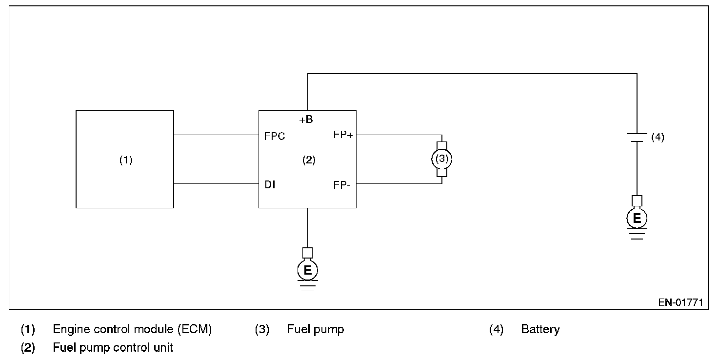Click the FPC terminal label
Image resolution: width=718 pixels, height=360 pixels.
(275, 136)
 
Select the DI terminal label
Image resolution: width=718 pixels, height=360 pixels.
(270, 185)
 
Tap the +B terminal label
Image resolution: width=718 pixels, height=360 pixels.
(306, 119)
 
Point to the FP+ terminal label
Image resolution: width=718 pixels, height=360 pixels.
(343, 135)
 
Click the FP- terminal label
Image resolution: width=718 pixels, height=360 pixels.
(342, 185)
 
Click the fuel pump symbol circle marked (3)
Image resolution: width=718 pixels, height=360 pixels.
(441, 159)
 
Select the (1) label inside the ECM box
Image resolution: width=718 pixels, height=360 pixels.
(126, 160)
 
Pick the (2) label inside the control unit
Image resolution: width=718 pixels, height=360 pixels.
(309, 160)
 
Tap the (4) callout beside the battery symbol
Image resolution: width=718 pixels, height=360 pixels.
(658, 137)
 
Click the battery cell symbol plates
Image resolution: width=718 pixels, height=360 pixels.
(637, 137)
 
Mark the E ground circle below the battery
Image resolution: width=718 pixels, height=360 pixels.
(637, 219)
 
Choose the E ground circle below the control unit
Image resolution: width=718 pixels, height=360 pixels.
(307, 270)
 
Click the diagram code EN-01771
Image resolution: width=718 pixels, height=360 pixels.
(680, 302)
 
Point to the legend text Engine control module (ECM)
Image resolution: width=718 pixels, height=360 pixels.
(132, 329)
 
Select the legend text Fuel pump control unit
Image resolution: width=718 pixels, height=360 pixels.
(113, 348)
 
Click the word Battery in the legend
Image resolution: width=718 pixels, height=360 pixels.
(540, 329)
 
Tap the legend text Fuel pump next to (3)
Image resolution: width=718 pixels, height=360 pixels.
(316, 329)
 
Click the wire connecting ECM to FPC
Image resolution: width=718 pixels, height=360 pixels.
(216, 135)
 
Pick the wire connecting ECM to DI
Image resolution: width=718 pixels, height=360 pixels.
(216, 184)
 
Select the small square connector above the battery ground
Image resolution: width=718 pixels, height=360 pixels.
(637, 200)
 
